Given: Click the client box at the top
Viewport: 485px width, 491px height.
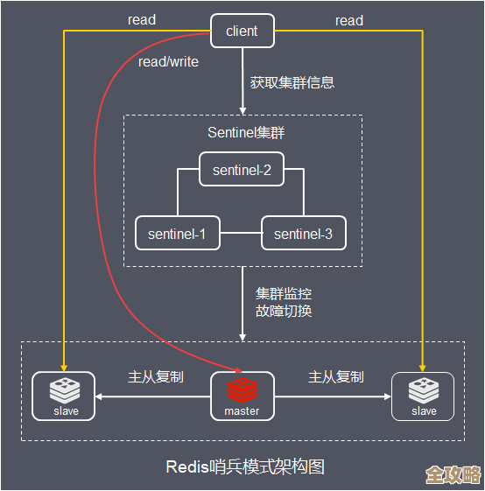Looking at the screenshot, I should [242, 31].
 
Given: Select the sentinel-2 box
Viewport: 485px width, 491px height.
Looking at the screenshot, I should [242, 170].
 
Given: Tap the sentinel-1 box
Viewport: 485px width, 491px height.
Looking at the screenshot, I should [177, 234].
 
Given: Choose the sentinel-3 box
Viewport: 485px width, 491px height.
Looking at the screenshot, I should [303, 234].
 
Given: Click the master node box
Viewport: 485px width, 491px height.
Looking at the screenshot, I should [242, 396].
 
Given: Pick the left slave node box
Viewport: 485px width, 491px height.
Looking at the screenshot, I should [63, 396].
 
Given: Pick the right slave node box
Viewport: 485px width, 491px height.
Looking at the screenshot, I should [423, 396].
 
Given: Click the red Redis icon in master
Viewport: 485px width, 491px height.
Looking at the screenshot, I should [242, 389].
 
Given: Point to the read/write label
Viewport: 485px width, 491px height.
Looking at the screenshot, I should [168, 62].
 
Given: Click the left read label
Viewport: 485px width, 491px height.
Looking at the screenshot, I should [142, 20].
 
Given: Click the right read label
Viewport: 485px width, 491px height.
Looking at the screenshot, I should [348, 20].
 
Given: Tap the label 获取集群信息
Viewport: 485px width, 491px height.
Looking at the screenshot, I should [292, 83].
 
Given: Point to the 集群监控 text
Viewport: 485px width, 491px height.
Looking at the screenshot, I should [284, 293].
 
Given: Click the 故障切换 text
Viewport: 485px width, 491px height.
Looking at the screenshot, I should [284, 311].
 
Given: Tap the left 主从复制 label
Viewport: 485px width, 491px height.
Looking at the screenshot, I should [155, 376].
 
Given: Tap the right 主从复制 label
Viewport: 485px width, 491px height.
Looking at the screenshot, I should [335, 376].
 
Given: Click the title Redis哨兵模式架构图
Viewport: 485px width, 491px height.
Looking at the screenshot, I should [245, 466].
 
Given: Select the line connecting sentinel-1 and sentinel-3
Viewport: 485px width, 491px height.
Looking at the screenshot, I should [241, 234].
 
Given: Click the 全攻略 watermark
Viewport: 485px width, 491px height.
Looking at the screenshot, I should [453, 474].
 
